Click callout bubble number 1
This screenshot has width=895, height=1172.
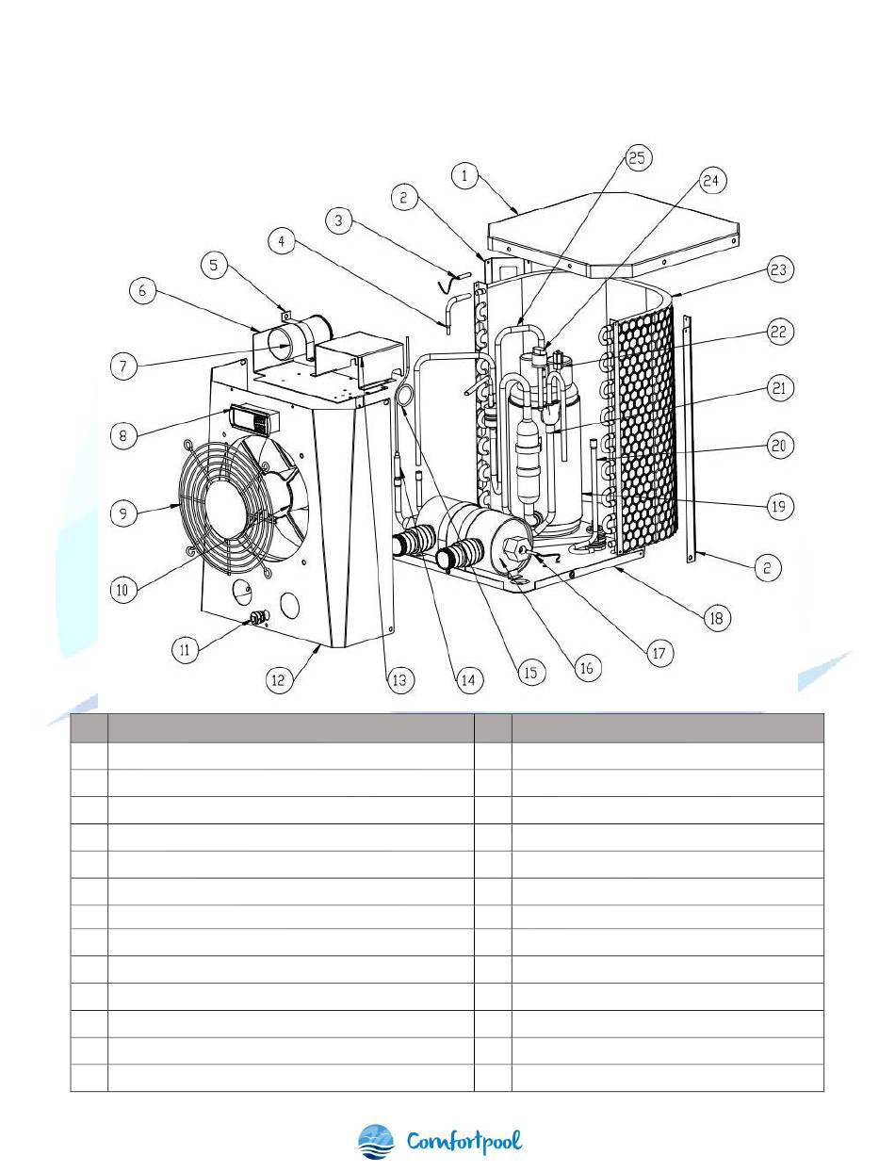tap(464, 175)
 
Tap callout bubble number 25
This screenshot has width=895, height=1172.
tap(637, 157)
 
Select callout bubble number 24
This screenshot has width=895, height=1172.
tap(710, 181)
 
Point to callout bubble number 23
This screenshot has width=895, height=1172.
tap(779, 269)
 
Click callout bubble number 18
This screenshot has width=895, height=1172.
tap(717, 618)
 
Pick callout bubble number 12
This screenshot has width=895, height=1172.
tap(279, 679)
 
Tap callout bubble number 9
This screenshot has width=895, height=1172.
tap(123, 513)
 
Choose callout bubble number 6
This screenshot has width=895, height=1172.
tap(142, 290)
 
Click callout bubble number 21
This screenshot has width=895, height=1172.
tap(779, 387)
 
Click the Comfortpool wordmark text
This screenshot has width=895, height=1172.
tap(464, 1142)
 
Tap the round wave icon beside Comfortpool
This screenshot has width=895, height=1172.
tap(376, 1142)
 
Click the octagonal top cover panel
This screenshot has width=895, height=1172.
tap(613, 234)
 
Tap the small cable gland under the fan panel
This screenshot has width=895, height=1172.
tap(258, 619)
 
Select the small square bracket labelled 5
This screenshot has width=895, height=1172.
tap(286, 315)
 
